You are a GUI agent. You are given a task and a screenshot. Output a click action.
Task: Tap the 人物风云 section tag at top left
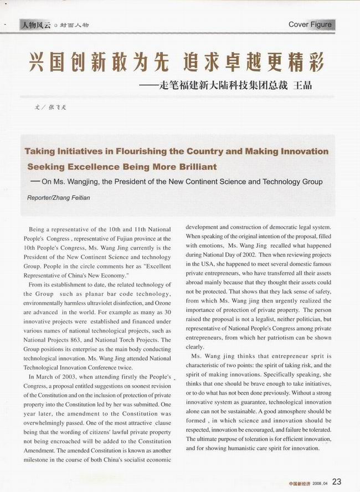point(35,25)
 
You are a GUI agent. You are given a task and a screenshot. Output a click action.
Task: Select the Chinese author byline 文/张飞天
point(50,107)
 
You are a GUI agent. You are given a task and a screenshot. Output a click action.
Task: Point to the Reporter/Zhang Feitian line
point(58,197)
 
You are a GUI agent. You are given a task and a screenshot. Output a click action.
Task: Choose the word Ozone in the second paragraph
point(161,303)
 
